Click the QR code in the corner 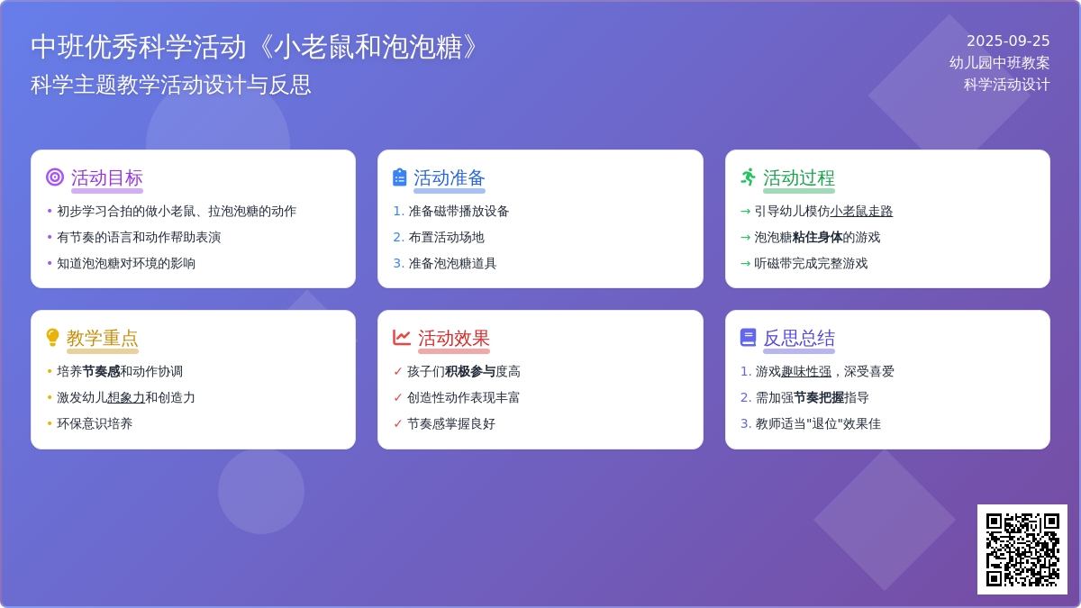(x=1022, y=549)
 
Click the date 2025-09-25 (x=1008, y=41)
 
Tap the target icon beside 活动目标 (x=55, y=177)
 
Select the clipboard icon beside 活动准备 (x=400, y=177)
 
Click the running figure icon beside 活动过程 (x=748, y=177)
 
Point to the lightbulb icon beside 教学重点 (x=52, y=337)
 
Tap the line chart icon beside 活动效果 (x=402, y=337)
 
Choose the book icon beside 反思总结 (x=748, y=337)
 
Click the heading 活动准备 (x=449, y=178)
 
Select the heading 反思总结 (x=799, y=339)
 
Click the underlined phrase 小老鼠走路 (x=861, y=212)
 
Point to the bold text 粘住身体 (x=817, y=238)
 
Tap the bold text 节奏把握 (x=819, y=397)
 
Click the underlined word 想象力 (x=125, y=397)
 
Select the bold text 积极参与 (x=470, y=371)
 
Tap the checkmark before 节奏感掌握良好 (x=397, y=423)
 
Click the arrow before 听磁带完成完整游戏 (x=745, y=263)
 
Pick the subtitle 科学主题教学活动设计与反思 (x=171, y=85)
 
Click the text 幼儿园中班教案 (x=999, y=63)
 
